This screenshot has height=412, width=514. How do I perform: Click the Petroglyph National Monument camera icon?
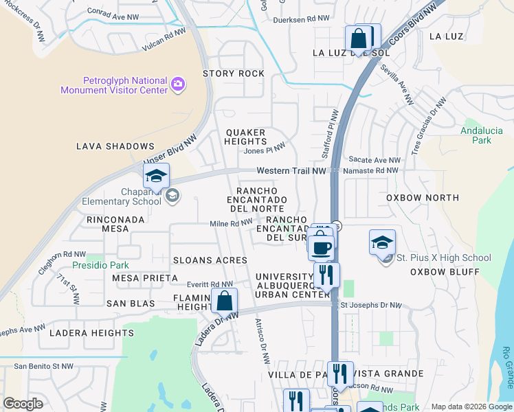[x=178, y=84]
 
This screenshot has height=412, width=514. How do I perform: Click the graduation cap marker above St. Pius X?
[x=382, y=243]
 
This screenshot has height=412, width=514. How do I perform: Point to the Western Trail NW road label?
[x=291, y=170]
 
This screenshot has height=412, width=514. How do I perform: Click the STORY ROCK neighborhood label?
[x=233, y=73]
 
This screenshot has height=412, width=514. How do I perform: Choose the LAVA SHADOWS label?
[x=115, y=146]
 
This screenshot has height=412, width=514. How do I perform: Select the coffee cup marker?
[x=320, y=247]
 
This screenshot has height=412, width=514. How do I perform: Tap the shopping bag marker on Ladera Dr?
[x=224, y=301]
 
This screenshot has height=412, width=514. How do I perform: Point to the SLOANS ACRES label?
[x=210, y=260]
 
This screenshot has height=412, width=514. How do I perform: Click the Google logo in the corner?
[x=23, y=404]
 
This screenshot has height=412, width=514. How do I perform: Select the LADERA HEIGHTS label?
[x=91, y=333]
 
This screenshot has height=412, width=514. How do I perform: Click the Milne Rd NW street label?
[x=231, y=223]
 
